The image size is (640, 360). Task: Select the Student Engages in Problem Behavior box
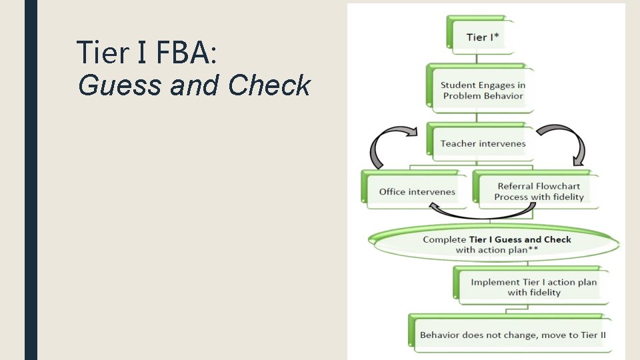(483, 91)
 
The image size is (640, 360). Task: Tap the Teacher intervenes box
(483, 143)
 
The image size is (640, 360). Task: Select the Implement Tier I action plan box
(533, 287)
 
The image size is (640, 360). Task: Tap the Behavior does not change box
(512, 335)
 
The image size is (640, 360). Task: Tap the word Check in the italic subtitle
(269, 85)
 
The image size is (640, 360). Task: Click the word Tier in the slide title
(102, 53)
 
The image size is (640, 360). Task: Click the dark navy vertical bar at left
(31, 180)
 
